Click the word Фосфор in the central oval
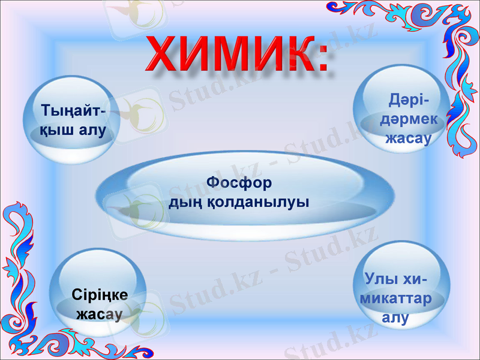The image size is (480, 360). (239, 181)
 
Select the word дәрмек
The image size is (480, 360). (412, 119)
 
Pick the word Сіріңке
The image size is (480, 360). (99, 294)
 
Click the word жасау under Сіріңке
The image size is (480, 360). (99, 313)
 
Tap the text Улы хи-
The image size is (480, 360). (395, 280)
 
